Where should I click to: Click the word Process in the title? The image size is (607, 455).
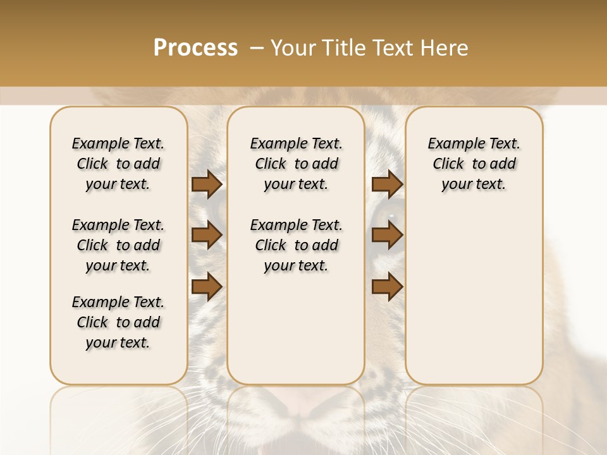pos(195,48)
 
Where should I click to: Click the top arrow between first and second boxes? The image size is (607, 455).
pos(206,184)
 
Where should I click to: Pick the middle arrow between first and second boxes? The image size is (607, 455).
pos(206,235)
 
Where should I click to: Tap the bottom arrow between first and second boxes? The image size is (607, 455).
pos(206,287)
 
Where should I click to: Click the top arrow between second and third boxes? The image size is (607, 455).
pos(387,184)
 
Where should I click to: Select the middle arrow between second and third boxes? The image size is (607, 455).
pos(387,235)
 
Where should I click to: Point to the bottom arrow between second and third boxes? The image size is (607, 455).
pos(387,287)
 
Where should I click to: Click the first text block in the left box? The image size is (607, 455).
pos(118,164)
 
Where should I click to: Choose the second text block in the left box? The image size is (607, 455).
pos(118,245)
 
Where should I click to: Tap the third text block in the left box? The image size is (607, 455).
pos(118,322)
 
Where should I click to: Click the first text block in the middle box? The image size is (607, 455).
pos(296,164)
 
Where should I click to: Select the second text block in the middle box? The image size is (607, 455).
pos(296,245)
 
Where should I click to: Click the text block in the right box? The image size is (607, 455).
pos(474,164)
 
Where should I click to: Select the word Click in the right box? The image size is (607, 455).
pos(448,164)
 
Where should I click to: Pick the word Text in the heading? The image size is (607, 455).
pos(392,48)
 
